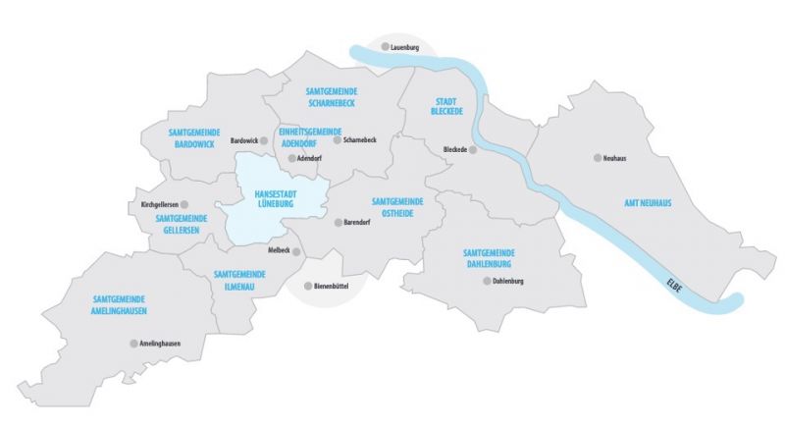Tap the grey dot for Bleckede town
click(x=472, y=150)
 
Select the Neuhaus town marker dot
click(x=596, y=157)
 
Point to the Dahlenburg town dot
click(x=486, y=281)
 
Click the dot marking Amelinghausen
click(x=133, y=344)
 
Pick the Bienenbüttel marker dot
click(x=305, y=287)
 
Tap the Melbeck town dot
click(x=297, y=251)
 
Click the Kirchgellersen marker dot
click(x=184, y=204)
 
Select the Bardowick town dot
click(x=263, y=141)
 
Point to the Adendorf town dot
click(x=291, y=157)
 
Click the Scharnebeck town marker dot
click(x=336, y=140)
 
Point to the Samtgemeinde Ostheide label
click(x=396, y=207)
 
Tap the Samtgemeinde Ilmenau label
click(x=238, y=279)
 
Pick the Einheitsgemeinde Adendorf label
click(x=309, y=136)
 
